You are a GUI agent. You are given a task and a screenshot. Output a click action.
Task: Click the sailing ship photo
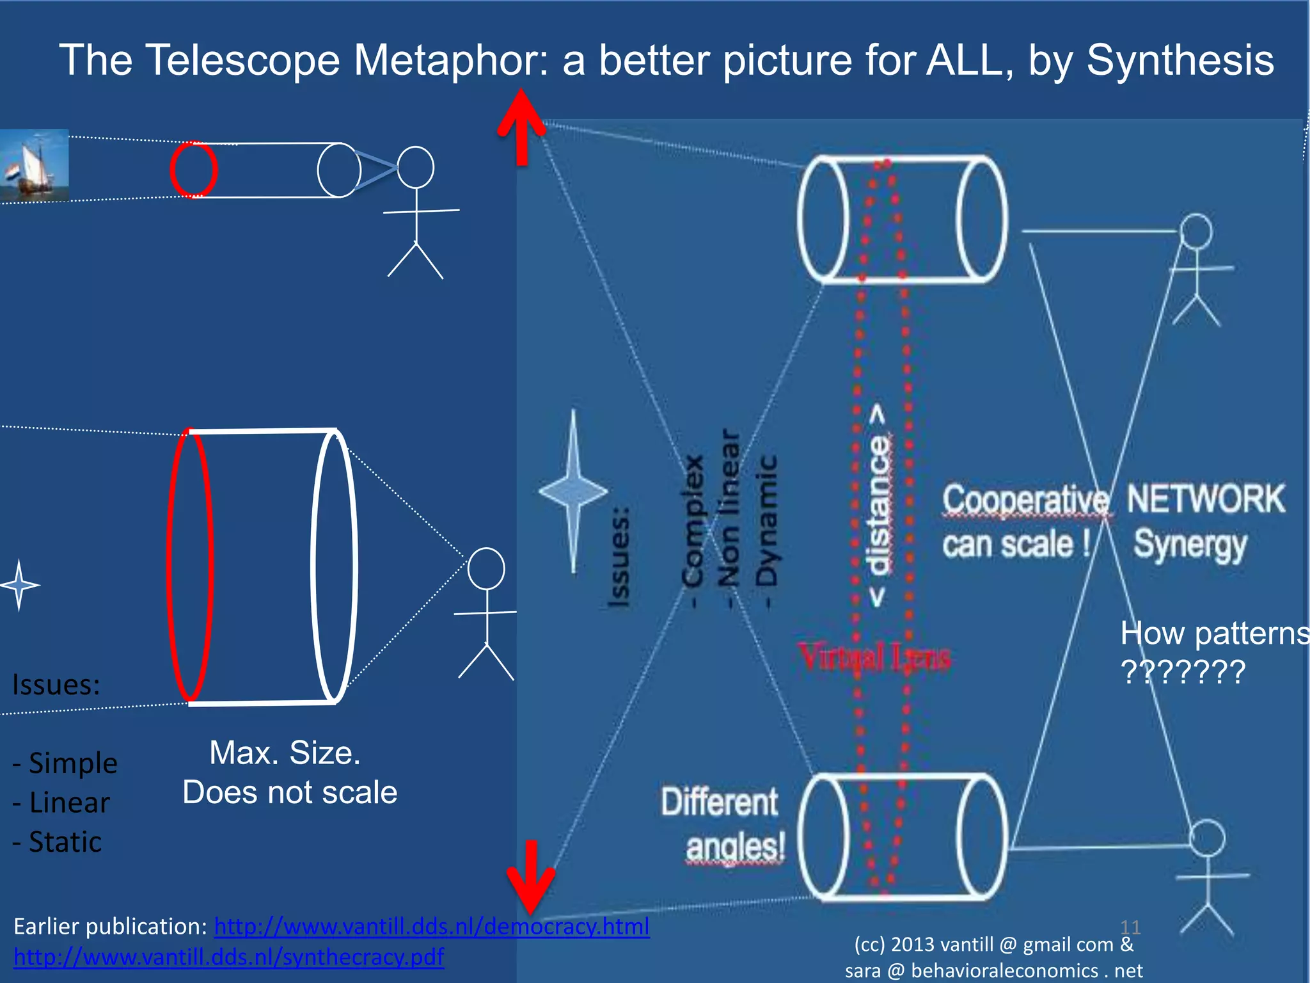coord(35,165)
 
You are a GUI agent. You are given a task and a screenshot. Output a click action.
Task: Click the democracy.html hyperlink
coord(432,926)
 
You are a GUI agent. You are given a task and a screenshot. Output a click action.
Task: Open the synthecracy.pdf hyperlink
coord(228,957)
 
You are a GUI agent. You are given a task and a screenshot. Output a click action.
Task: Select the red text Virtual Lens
coord(875,657)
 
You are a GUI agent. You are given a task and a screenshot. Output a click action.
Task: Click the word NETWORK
coord(1206,499)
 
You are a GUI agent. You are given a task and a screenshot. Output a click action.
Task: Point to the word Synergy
coord(1190,545)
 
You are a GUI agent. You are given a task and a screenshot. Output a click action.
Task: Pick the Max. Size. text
coord(285,753)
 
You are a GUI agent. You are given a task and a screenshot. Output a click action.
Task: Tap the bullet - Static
coord(58,842)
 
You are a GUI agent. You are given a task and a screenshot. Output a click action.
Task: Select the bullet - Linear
coord(61,803)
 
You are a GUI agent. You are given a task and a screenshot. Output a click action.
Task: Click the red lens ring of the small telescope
coord(193,170)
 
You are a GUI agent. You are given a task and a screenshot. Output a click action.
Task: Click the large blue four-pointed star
coord(573,491)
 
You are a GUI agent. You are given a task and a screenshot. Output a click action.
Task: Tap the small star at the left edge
coord(19,584)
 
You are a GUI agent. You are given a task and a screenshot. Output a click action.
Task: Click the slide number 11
coord(1130,927)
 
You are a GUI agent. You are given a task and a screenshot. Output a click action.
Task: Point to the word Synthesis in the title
coord(1180,60)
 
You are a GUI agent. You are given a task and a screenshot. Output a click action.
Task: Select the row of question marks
coord(1183,672)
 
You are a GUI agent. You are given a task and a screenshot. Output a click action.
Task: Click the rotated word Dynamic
coord(766,522)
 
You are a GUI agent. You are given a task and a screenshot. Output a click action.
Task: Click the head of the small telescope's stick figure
coord(416,168)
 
